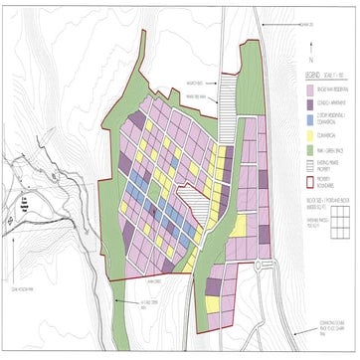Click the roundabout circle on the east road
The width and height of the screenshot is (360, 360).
[264, 267]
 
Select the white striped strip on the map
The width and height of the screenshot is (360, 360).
[229, 109]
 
